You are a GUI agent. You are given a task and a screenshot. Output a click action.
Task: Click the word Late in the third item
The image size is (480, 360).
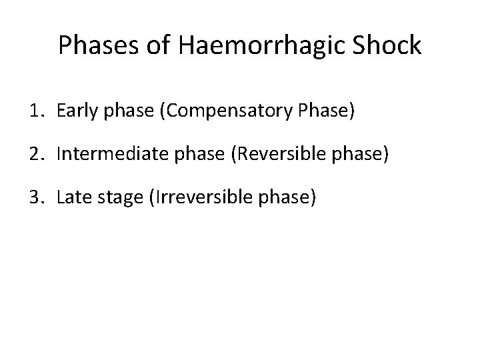[x=71, y=197]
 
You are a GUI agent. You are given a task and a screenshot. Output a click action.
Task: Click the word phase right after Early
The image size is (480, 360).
[x=117, y=111]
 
